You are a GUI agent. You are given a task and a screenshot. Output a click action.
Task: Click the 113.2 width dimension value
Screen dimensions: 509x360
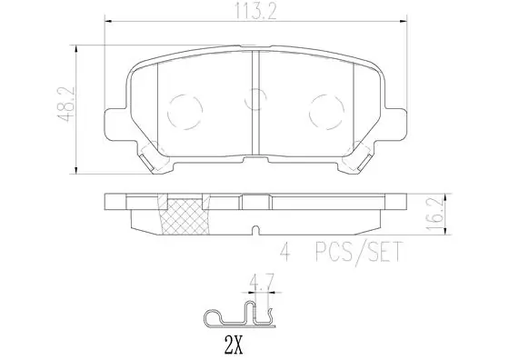coord(255,13)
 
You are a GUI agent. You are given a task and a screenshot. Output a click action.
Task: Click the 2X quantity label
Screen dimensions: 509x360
coord(234,345)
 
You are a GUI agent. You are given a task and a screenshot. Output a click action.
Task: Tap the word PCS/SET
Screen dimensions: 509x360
coord(359,252)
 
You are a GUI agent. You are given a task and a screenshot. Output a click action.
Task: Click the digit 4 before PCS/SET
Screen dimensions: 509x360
coord(285,252)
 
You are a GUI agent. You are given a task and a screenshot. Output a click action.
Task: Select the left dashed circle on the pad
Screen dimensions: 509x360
coord(185,112)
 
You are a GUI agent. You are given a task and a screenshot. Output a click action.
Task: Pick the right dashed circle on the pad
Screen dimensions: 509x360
coord(326,112)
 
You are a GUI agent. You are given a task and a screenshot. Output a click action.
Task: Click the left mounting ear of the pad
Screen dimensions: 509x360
coord(115,125)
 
